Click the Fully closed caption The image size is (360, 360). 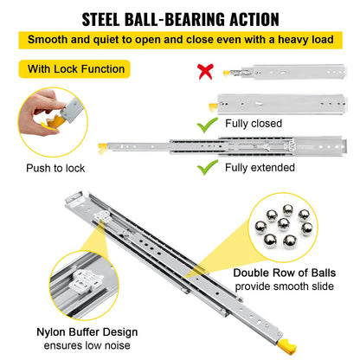(x=254, y=124)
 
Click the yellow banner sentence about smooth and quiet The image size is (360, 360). (x=180, y=40)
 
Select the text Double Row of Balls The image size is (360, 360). (x=284, y=273)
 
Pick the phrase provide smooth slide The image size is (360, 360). (x=284, y=287)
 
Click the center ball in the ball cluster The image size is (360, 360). (x=284, y=227)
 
